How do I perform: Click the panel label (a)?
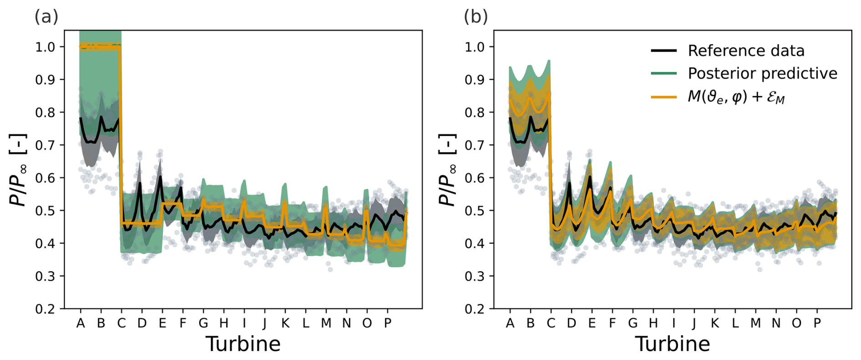(46, 17)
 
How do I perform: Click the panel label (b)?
(476, 17)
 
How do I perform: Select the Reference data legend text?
(746, 51)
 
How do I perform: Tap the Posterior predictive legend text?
(762, 73)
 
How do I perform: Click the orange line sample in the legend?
(663, 97)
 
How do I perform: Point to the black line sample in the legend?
(663, 51)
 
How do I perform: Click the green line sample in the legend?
(663, 73)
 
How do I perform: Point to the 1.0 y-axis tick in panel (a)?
(45, 47)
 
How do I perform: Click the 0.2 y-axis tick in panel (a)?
(45, 309)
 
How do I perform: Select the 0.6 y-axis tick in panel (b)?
(475, 178)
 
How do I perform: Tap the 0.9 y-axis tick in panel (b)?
(475, 80)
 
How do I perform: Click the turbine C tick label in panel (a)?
(122, 323)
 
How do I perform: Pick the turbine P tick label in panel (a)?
(388, 323)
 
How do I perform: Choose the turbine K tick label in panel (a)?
(285, 323)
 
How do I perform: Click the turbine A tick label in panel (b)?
(510, 323)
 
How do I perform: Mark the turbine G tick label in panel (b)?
(633, 323)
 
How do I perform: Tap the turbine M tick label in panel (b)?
(755, 323)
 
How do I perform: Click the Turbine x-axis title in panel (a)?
(243, 344)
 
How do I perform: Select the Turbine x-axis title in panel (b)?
(672, 344)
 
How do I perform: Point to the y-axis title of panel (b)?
(447, 170)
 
